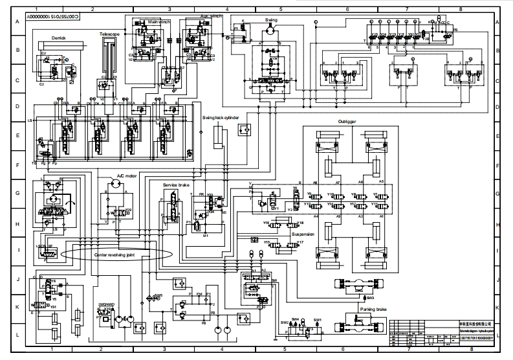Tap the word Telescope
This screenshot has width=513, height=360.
click(x=109, y=32)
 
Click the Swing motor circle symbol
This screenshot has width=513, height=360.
click(x=270, y=31)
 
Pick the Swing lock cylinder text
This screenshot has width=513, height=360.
click(x=221, y=118)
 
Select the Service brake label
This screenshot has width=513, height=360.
click(x=176, y=186)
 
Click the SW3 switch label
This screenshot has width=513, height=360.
click(x=370, y=298)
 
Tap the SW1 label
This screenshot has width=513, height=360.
click(x=318, y=320)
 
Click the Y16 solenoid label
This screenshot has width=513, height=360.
click(x=266, y=223)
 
